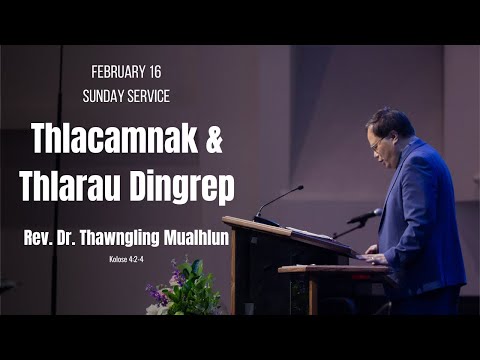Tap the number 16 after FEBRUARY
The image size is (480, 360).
tap(156, 73)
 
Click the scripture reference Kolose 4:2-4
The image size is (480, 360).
tap(128, 259)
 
